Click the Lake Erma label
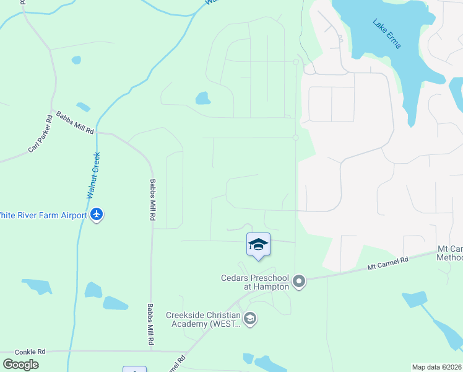[x=387, y=32]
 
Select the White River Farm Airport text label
[x=43, y=215]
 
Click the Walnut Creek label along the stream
[x=93, y=175]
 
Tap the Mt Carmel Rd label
[x=388, y=264]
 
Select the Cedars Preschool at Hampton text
[x=255, y=282]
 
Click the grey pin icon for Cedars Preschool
[x=299, y=282]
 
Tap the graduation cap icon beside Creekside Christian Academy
[x=250, y=319]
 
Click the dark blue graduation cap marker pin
[x=258, y=246]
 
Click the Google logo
[x=20, y=365]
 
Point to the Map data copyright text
[x=437, y=367]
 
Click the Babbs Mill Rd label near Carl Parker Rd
[x=75, y=123]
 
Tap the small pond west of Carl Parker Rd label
[x=76, y=60]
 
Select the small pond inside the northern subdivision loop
[x=202, y=98]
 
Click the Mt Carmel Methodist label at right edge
[x=450, y=252]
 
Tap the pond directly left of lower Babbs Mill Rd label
[x=115, y=303]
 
